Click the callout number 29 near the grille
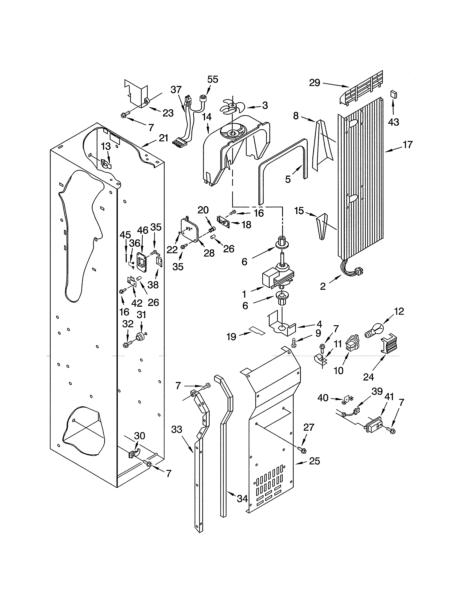click(x=315, y=83)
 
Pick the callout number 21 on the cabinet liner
click(x=164, y=138)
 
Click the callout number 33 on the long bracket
click(x=177, y=429)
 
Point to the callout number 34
click(x=242, y=499)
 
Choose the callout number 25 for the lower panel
click(x=314, y=461)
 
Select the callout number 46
click(x=143, y=230)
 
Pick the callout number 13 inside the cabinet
click(x=106, y=146)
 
